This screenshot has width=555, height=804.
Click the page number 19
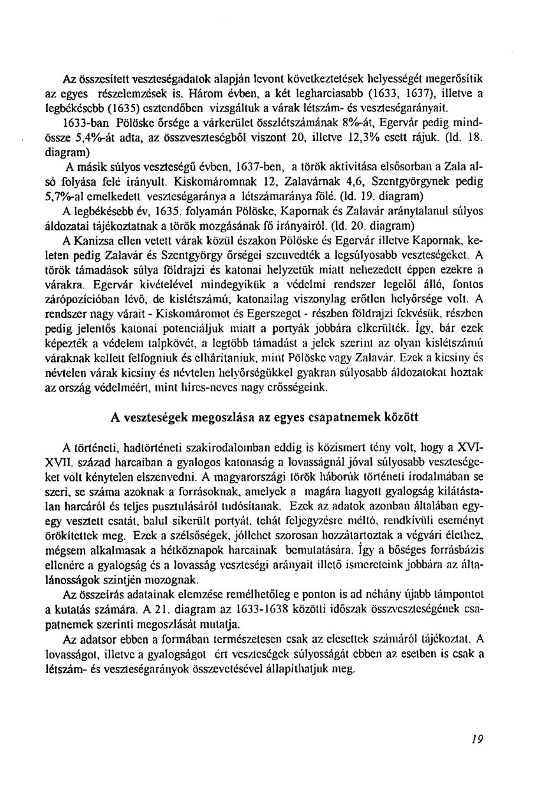tap(477, 739)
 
